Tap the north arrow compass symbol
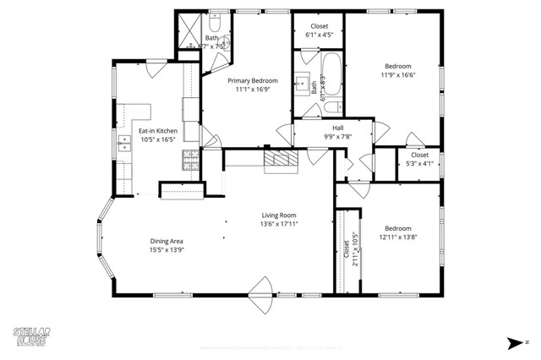[516, 342]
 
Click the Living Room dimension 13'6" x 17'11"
[280, 225]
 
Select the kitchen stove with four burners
[190, 160]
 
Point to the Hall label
[337, 128]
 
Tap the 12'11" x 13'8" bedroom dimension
[397, 238]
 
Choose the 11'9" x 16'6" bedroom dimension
[397, 75]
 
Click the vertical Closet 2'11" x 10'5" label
[347, 249]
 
